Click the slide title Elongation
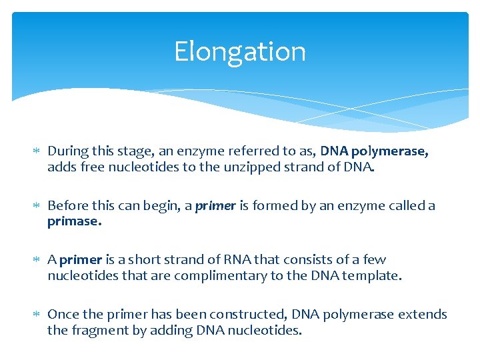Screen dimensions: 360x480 pyautogui.click(x=240, y=51)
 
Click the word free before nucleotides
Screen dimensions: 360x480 pyautogui.click(x=93, y=167)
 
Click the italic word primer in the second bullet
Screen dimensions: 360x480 pyautogui.click(x=215, y=205)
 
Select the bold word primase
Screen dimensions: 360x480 pyautogui.click(x=74, y=221)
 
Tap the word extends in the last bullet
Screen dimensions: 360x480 pyautogui.click(x=422, y=314)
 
